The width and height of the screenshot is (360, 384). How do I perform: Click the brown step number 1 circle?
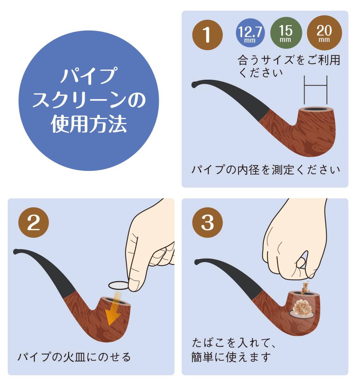(207, 35)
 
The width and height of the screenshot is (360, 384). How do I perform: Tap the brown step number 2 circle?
(34, 222)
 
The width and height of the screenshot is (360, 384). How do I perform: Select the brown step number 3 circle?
(207, 222)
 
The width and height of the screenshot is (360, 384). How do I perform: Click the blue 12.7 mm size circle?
(250, 33)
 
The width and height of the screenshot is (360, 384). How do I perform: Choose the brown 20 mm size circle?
(324, 33)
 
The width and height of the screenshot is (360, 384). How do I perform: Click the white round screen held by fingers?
(118, 285)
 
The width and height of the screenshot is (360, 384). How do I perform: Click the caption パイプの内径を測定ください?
(265, 170)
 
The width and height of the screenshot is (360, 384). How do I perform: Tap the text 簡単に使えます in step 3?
(231, 357)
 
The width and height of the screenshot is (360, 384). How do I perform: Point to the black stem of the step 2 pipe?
(46, 270)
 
